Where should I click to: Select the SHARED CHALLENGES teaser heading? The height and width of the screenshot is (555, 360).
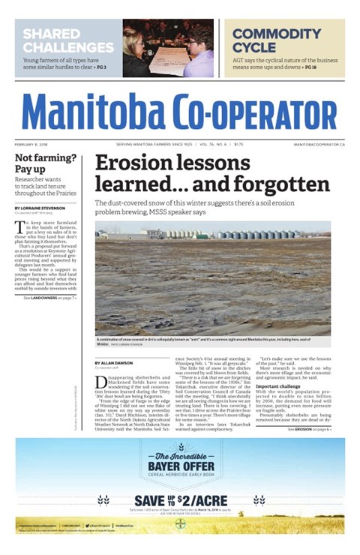(x=67, y=40)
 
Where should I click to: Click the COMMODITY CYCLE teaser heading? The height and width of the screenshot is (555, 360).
(x=276, y=40)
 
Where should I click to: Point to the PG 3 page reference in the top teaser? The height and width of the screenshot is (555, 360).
(x=99, y=67)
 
